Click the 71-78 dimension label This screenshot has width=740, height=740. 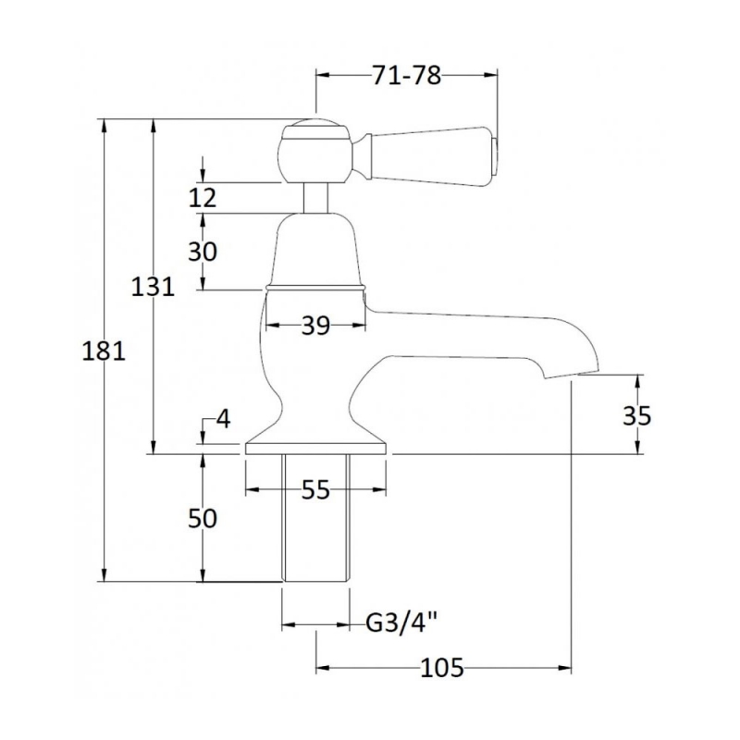click(406, 75)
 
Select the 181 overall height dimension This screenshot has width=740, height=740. click(104, 351)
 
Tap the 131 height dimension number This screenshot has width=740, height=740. click(153, 286)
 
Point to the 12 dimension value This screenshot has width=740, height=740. click(203, 197)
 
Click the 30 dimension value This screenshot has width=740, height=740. click(203, 251)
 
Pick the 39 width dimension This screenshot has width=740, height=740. click(315, 325)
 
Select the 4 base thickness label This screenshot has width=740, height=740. click(223, 418)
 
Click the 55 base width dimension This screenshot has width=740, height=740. click(315, 490)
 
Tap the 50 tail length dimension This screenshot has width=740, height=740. click(203, 518)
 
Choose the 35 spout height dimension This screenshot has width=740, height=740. click(637, 415)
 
